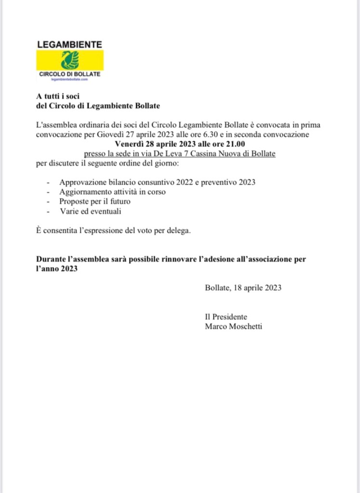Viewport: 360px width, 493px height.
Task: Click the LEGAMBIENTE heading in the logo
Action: [69, 44]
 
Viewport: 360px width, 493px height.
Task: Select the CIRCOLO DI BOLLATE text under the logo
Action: [69, 74]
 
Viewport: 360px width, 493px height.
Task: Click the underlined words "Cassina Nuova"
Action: [215, 153]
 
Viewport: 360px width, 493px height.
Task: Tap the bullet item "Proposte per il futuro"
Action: [95, 201]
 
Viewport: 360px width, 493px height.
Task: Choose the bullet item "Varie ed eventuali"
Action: [90, 211]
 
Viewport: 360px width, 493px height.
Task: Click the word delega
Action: [178, 230]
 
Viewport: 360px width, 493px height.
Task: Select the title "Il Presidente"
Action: [226, 317]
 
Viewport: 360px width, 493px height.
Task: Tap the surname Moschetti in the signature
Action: [246, 327]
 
